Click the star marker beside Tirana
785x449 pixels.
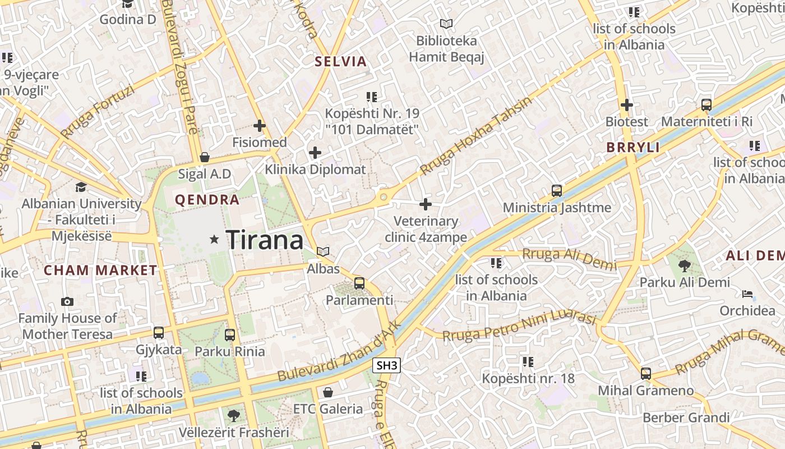pos(214,240)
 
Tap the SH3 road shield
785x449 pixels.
pos(387,366)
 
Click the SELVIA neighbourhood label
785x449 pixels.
pos(340,62)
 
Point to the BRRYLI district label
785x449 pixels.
pos(633,148)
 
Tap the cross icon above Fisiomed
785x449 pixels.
pos(259,126)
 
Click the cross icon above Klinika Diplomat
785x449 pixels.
pos(315,153)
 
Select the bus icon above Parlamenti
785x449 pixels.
pos(359,283)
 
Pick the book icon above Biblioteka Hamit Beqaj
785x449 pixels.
pos(446,24)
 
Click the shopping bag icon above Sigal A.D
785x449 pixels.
pos(205,157)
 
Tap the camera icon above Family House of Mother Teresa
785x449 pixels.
pos(67,302)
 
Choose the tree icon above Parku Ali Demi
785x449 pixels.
pos(684,265)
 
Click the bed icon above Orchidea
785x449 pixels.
pos(747,294)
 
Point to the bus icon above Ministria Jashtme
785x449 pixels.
pos(556,191)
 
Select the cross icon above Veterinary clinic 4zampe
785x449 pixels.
pos(426,204)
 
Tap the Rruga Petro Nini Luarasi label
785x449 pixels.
pos(519,327)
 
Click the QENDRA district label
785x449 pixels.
pos(207,200)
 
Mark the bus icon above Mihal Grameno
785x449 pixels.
pos(646,373)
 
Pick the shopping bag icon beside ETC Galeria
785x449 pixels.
pos(328,392)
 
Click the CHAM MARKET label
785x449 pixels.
pos(101,270)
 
